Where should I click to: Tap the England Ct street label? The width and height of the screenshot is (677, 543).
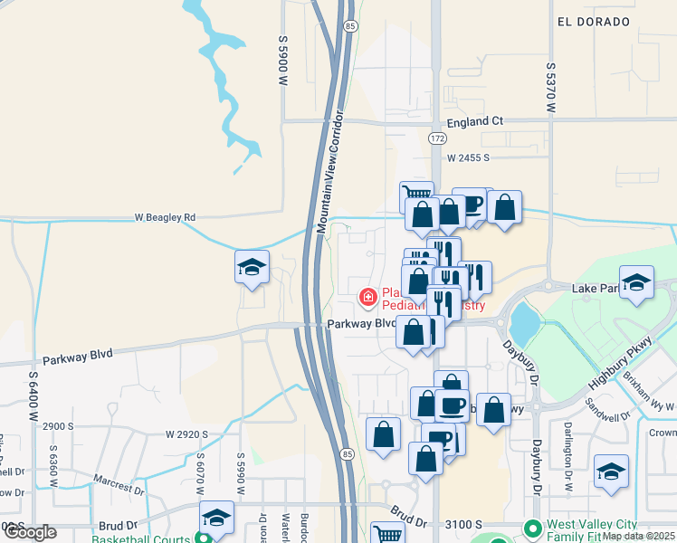[x=472, y=120]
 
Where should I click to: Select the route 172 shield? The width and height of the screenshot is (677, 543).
[x=437, y=138]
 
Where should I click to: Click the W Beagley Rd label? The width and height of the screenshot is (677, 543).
[x=165, y=218]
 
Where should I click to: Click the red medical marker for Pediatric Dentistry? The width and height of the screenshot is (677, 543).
[x=368, y=296]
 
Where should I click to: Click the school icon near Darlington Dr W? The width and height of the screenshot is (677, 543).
[x=611, y=471]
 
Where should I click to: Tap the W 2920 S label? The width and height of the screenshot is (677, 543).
[x=187, y=435]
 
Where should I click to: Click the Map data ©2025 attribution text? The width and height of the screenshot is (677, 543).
[x=638, y=536]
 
